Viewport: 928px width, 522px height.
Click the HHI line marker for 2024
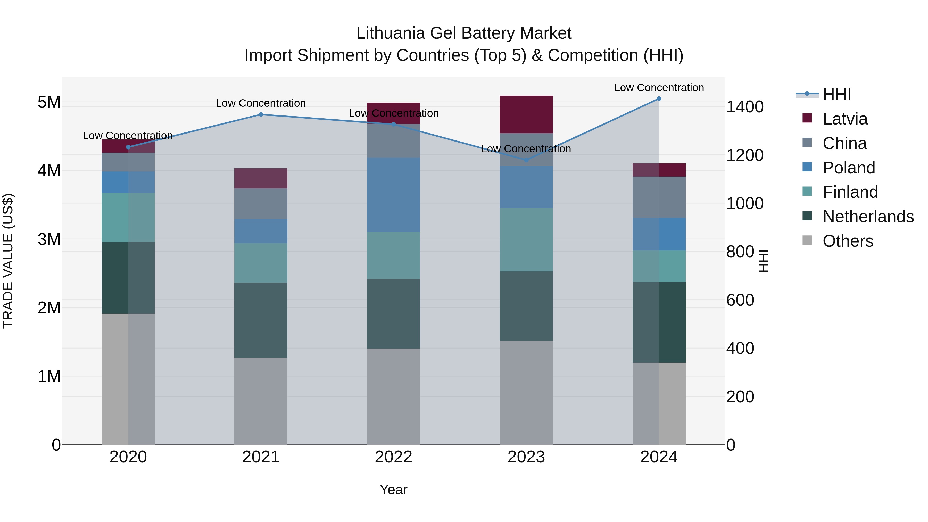tap(659, 99)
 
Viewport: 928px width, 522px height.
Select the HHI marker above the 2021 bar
tap(261, 114)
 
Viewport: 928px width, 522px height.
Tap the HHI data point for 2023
tap(526, 160)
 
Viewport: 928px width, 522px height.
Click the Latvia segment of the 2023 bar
tap(526, 114)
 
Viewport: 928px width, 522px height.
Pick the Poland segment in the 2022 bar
tap(393, 195)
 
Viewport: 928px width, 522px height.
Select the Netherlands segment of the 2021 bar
tap(261, 320)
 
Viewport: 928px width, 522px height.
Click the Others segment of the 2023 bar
tap(526, 393)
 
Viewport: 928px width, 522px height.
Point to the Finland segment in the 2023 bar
tap(526, 239)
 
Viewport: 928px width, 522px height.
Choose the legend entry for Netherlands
tap(868, 217)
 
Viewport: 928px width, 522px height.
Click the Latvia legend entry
tap(845, 119)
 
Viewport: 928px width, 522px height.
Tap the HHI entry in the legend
tap(836, 94)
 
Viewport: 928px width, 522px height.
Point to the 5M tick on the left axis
tap(49, 102)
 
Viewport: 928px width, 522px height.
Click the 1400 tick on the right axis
tap(744, 107)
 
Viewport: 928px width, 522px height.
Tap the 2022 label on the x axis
tap(393, 457)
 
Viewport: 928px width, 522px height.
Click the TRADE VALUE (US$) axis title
tap(8, 261)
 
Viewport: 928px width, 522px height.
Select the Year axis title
tap(393, 490)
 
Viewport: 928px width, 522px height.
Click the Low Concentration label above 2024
tap(659, 88)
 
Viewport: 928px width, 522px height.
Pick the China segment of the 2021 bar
tap(261, 204)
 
